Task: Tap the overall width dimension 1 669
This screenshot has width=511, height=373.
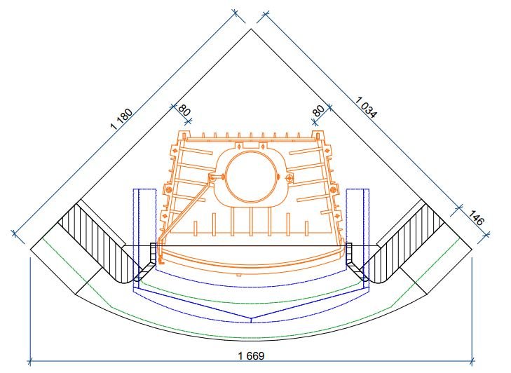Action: [250, 355]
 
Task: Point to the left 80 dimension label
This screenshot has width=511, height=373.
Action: [184, 110]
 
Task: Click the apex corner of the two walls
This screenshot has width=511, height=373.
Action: [251, 29]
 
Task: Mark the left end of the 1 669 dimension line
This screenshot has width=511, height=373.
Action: [29, 362]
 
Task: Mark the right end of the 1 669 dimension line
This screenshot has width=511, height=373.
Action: [472, 362]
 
